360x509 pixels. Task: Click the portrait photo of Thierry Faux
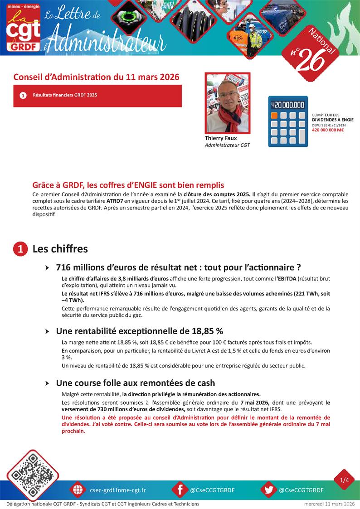point(228,103)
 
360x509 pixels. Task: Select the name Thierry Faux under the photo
point(221,138)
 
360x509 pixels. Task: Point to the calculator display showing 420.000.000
point(288,105)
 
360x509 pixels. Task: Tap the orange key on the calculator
point(274,116)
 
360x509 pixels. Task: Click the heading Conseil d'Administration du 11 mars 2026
point(96,77)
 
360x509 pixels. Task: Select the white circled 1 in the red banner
point(23,96)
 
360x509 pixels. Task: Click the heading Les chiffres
point(60,249)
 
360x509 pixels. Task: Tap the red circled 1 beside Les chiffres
point(20,249)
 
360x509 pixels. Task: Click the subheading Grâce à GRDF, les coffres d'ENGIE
point(128,185)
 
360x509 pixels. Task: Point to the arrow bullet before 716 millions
point(47,268)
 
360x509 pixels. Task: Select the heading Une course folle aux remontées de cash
point(135,383)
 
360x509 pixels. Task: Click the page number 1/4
point(345,480)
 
